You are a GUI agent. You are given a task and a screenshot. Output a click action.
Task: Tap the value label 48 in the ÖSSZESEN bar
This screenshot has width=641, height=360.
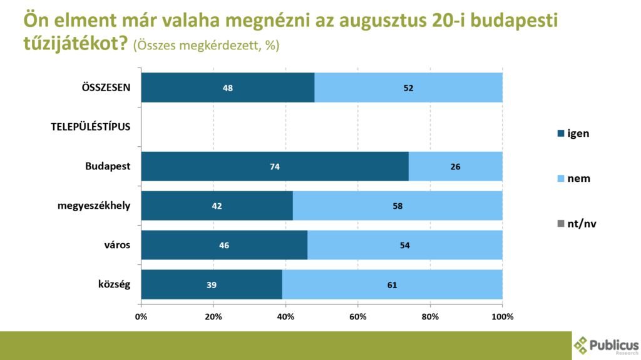228,87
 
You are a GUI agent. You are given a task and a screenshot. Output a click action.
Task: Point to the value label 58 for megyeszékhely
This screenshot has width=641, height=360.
397,206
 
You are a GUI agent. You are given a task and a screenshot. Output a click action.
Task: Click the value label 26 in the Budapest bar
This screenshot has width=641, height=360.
455,167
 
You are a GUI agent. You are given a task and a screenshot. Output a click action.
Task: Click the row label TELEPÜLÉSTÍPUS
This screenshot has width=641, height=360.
91,127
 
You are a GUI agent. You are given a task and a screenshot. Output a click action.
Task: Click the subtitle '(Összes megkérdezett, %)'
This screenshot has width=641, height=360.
206,46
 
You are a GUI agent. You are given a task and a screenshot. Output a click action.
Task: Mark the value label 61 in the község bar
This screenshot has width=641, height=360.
392,285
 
